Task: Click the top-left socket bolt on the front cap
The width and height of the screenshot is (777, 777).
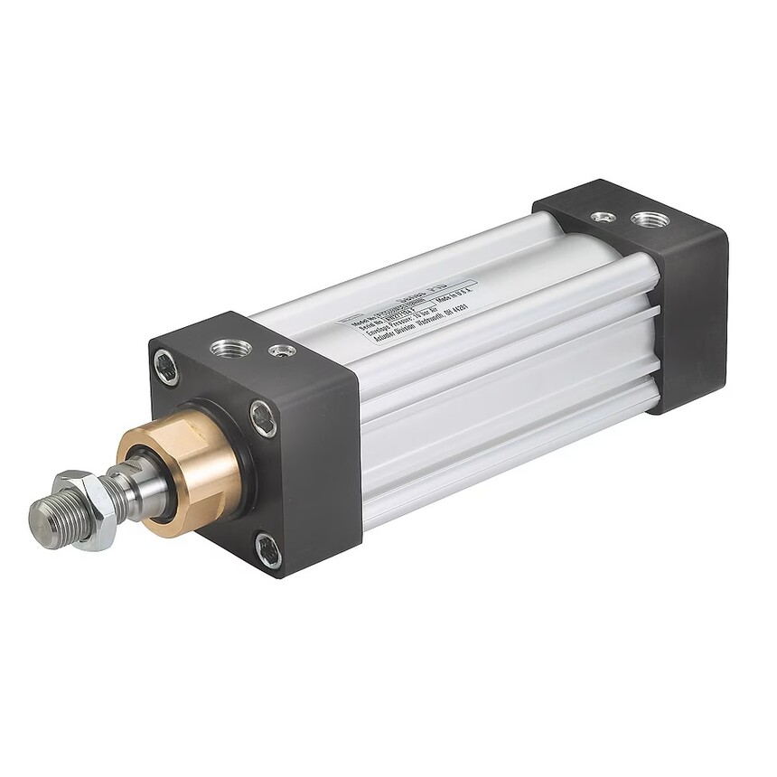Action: tap(165, 368)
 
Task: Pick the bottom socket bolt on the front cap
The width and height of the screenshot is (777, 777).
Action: tap(267, 549)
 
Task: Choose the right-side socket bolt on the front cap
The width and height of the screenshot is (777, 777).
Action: tap(263, 418)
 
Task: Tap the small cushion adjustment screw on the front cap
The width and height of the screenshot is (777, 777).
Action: tap(283, 350)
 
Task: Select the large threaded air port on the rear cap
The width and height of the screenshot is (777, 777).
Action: tap(651, 219)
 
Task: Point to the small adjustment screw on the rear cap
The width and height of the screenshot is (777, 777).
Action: tap(603, 217)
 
